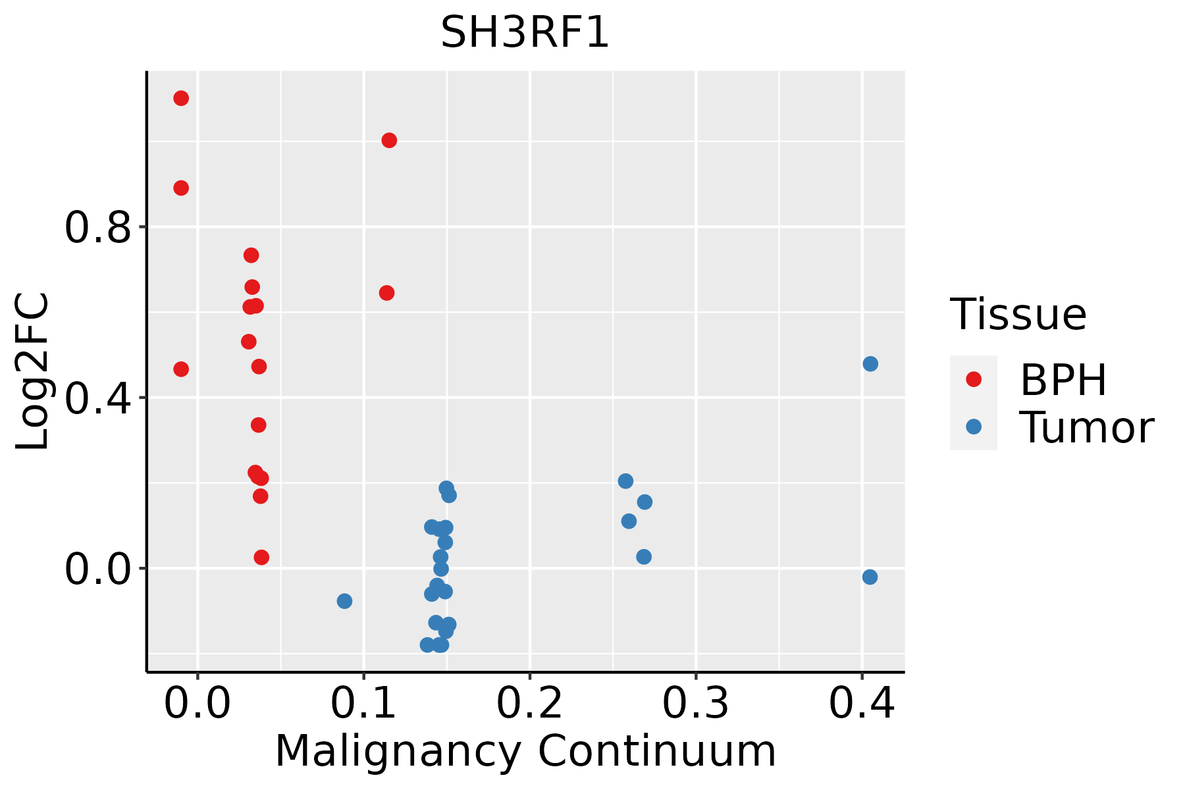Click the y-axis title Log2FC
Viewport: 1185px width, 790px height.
click(33, 372)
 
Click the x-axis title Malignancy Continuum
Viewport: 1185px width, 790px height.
click(525, 751)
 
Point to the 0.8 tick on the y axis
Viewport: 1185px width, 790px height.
click(98, 228)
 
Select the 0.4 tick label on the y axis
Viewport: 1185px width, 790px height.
click(98, 398)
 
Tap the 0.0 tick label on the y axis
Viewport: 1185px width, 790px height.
click(98, 569)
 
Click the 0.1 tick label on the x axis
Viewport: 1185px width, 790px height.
click(363, 703)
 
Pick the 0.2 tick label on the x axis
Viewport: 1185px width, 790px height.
click(529, 703)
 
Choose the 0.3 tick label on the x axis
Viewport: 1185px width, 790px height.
click(695, 703)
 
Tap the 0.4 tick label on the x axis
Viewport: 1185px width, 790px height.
click(861, 703)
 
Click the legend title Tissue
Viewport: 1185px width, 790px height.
click(1018, 315)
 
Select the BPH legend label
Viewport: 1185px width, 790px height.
click(1063, 380)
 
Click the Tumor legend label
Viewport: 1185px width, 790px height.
click(1086, 428)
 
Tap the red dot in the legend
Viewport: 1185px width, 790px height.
click(973, 379)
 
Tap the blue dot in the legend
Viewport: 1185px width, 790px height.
click(973, 427)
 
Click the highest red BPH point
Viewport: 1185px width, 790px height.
click(181, 99)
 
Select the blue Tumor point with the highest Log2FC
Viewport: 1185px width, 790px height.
click(870, 364)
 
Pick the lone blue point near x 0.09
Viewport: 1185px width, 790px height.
click(344, 601)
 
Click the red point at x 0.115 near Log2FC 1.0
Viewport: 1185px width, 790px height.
click(389, 140)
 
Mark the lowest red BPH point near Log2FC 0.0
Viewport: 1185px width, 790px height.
click(261, 558)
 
